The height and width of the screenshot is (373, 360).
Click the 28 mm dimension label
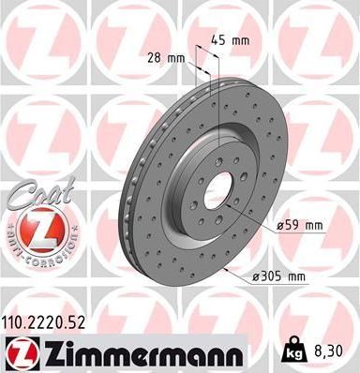coord(164,58)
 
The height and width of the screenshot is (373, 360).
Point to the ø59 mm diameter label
coord(300,225)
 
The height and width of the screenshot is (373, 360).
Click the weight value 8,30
coord(336,351)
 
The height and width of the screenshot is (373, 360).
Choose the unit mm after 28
coord(174,58)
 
